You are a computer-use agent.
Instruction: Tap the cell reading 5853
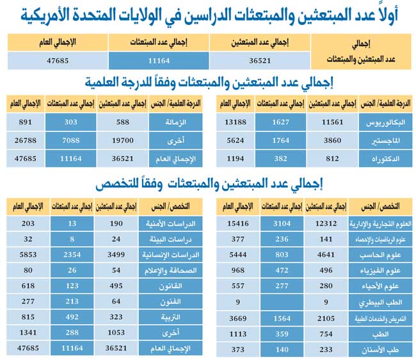(x=27, y=254)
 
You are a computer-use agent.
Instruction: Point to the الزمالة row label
(x=173, y=122)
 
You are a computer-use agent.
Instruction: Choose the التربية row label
(x=172, y=316)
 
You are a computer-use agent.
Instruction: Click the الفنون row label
(x=172, y=300)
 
